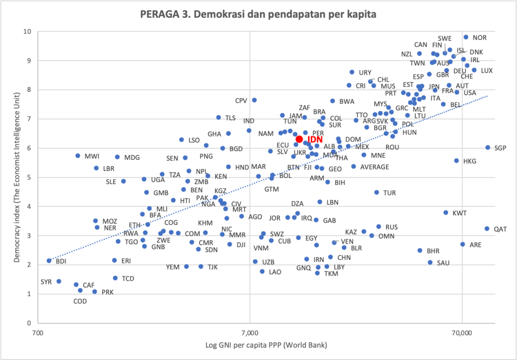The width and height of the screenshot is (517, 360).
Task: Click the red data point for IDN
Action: [x=299, y=139]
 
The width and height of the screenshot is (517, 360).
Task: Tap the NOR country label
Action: [x=480, y=37]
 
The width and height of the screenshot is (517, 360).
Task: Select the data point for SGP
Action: [x=488, y=148]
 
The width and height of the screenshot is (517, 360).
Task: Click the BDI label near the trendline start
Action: [x=61, y=261]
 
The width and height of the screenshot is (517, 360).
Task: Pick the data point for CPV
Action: [x=254, y=100]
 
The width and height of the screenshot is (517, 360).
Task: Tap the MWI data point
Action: [x=78, y=156]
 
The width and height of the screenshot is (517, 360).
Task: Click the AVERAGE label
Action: [x=374, y=167]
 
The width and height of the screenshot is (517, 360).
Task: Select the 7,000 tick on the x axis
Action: [x=250, y=332]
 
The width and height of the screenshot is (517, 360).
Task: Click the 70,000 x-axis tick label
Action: [x=462, y=332]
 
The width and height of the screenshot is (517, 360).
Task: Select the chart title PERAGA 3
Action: [x=258, y=14]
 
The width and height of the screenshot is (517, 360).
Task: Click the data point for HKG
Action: [x=456, y=161]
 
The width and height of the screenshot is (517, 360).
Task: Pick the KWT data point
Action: [x=446, y=213]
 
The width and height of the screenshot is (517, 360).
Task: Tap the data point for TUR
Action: [x=377, y=193]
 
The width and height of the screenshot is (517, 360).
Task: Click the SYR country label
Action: [x=46, y=281]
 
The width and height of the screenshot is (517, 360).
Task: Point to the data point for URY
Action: [x=352, y=72]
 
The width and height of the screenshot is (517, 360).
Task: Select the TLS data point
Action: [x=218, y=117]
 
